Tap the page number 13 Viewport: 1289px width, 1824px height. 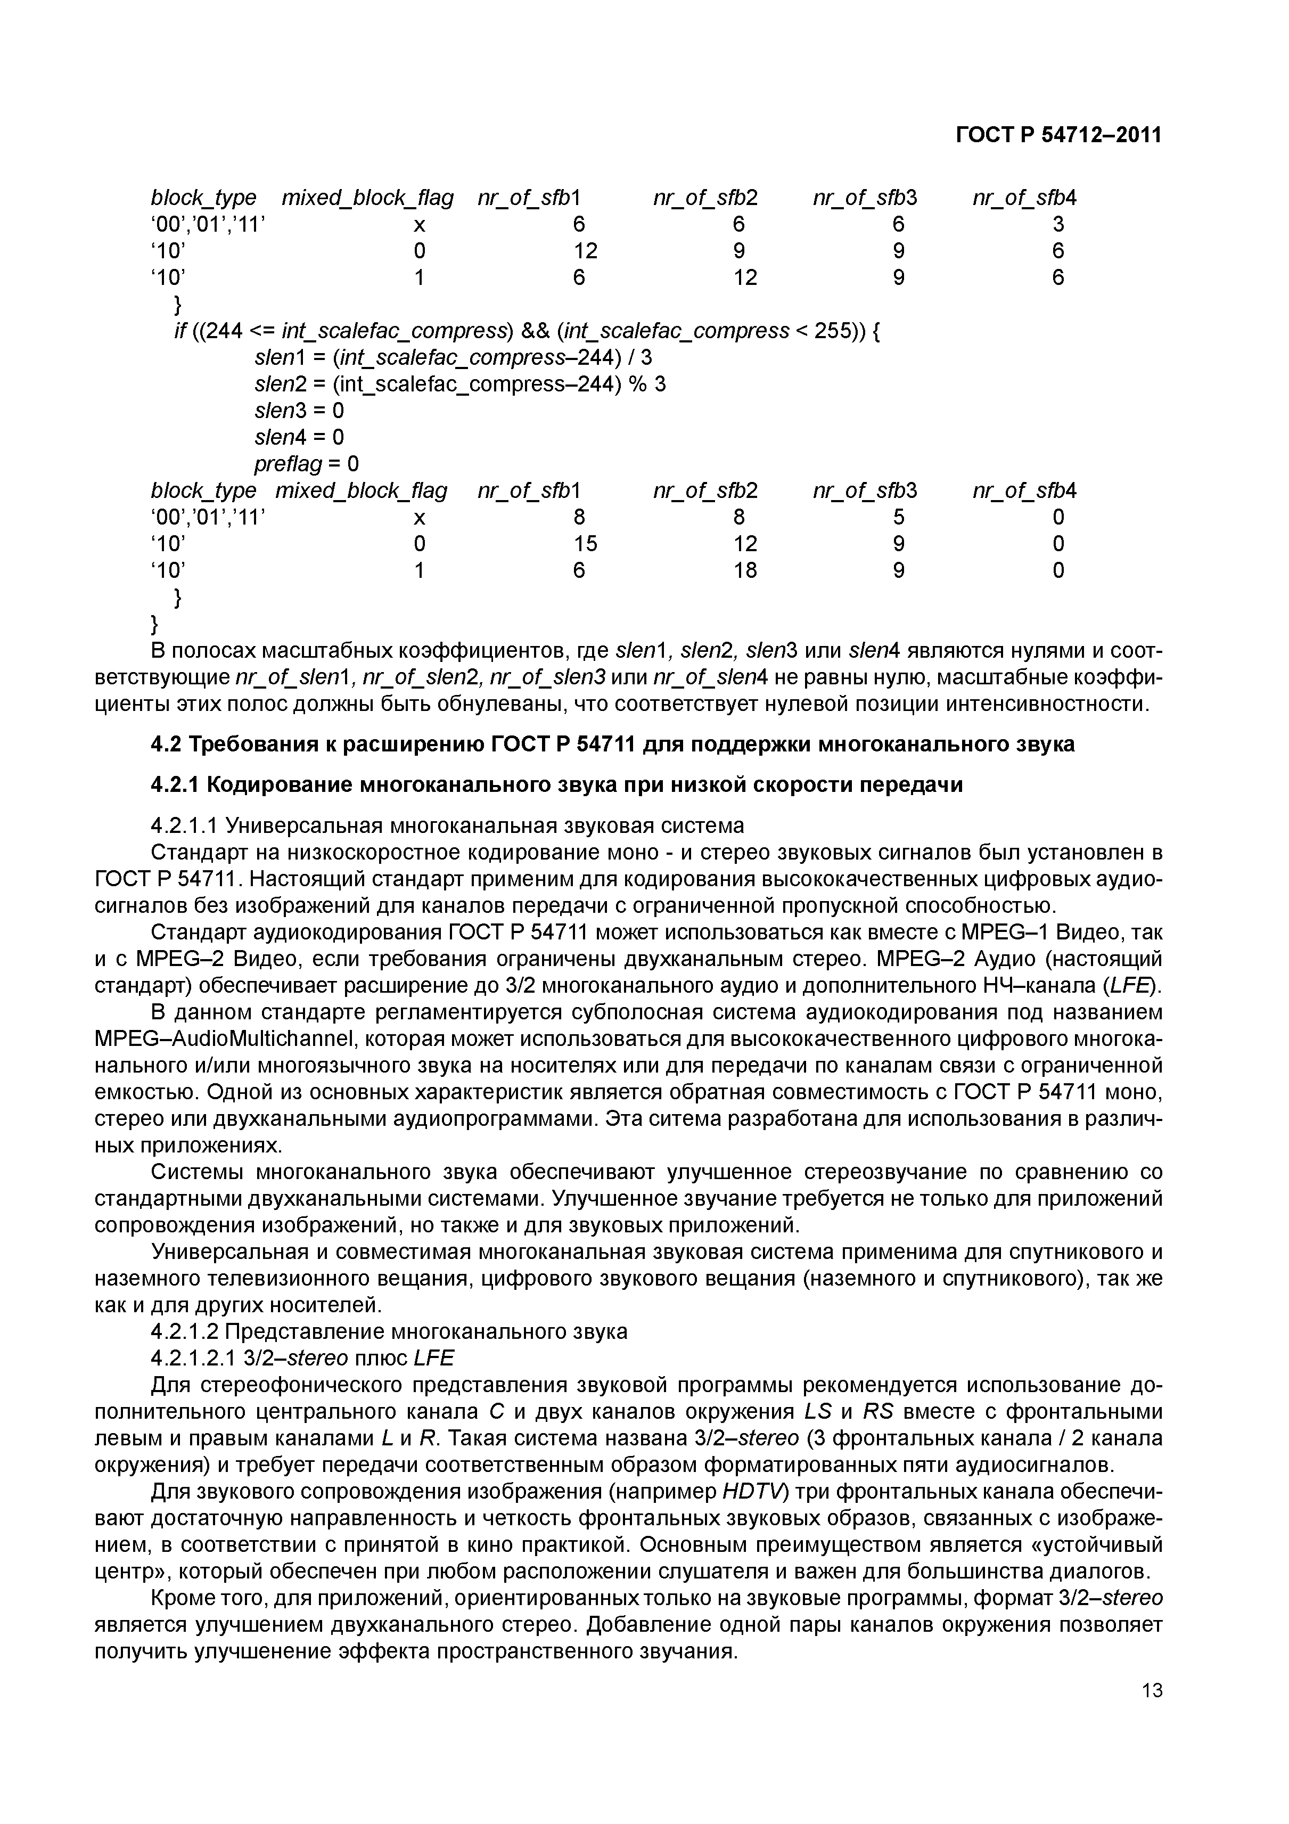click(x=1151, y=1736)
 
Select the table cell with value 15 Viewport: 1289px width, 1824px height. click(x=585, y=543)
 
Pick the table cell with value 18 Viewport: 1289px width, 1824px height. click(x=744, y=570)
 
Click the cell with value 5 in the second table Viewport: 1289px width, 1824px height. click(x=898, y=517)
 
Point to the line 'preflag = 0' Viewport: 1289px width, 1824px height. click(x=307, y=463)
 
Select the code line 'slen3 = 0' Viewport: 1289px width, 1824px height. click(x=299, y=411)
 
